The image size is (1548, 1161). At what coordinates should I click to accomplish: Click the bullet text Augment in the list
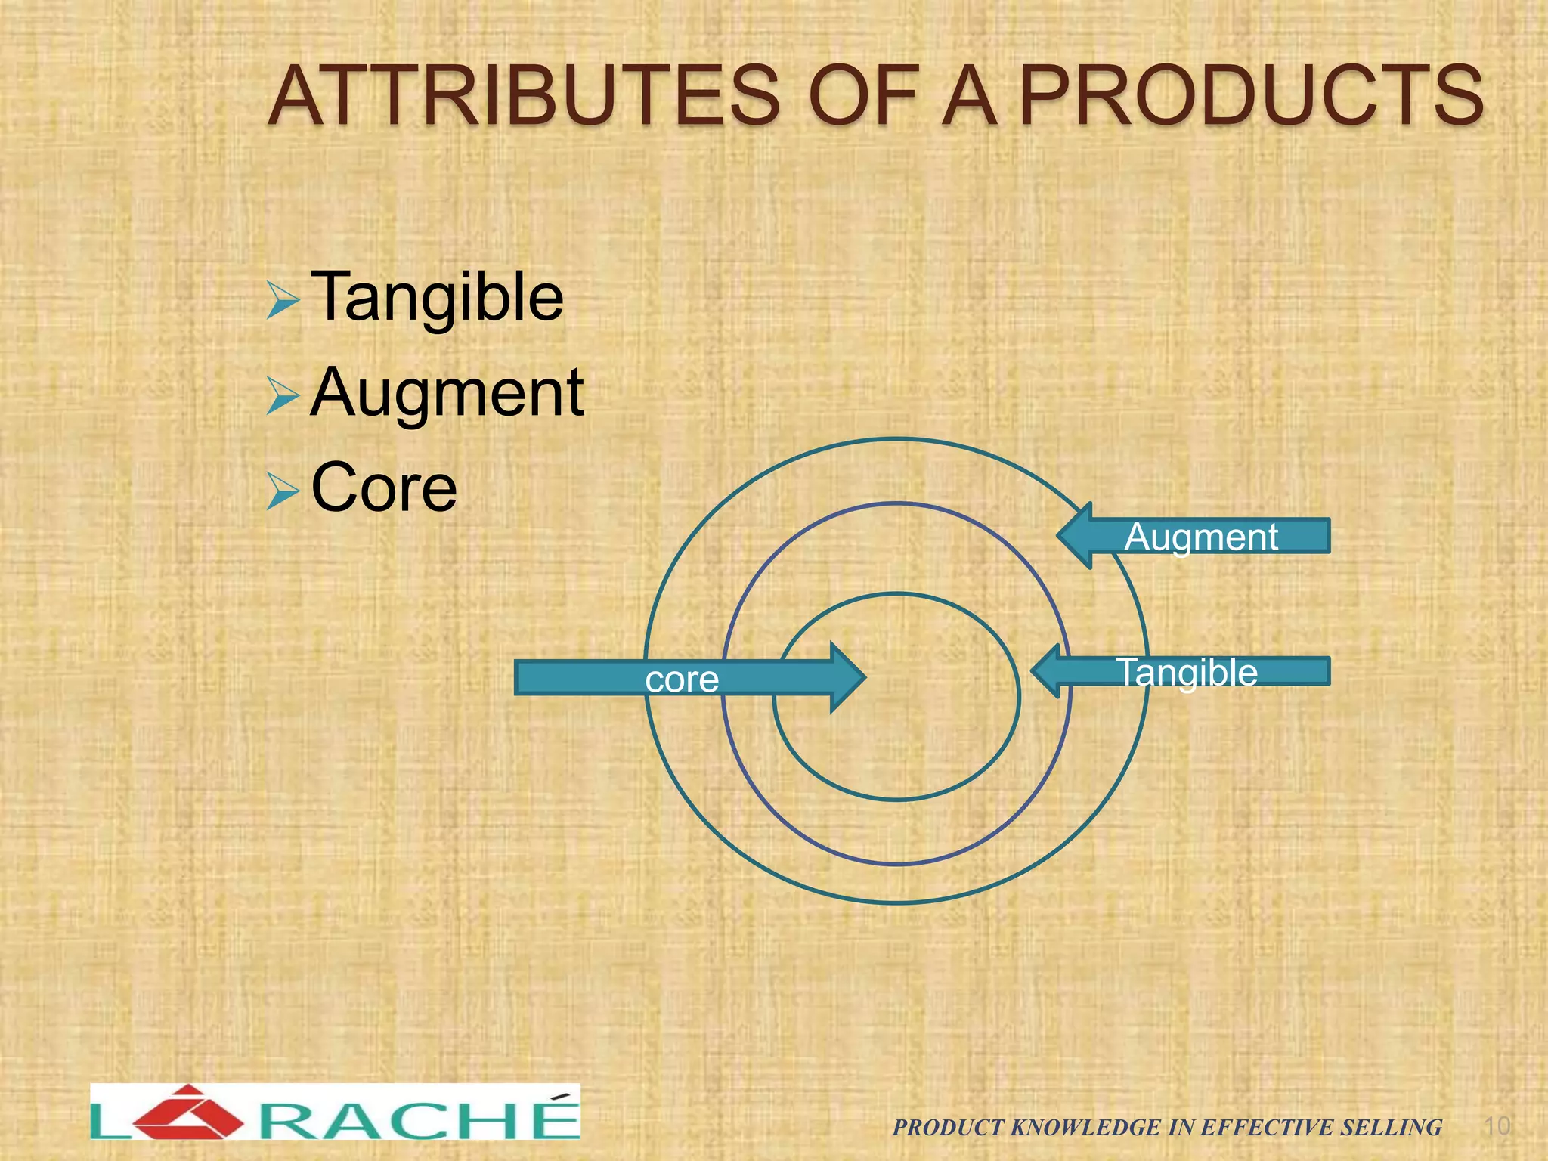pos(447,392)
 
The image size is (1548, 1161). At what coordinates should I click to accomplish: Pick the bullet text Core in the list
pos(384,488)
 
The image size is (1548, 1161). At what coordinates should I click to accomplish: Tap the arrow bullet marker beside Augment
pos(283,398)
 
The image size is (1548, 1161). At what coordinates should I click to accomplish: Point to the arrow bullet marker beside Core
pos(283,493)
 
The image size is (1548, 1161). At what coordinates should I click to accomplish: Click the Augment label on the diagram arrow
pos(1201,537)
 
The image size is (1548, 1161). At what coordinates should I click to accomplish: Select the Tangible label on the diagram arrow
pos(1187,672)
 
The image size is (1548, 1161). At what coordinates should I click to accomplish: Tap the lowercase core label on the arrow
pos(682,679)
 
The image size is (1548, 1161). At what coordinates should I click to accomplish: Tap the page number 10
pos(1497,1125)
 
